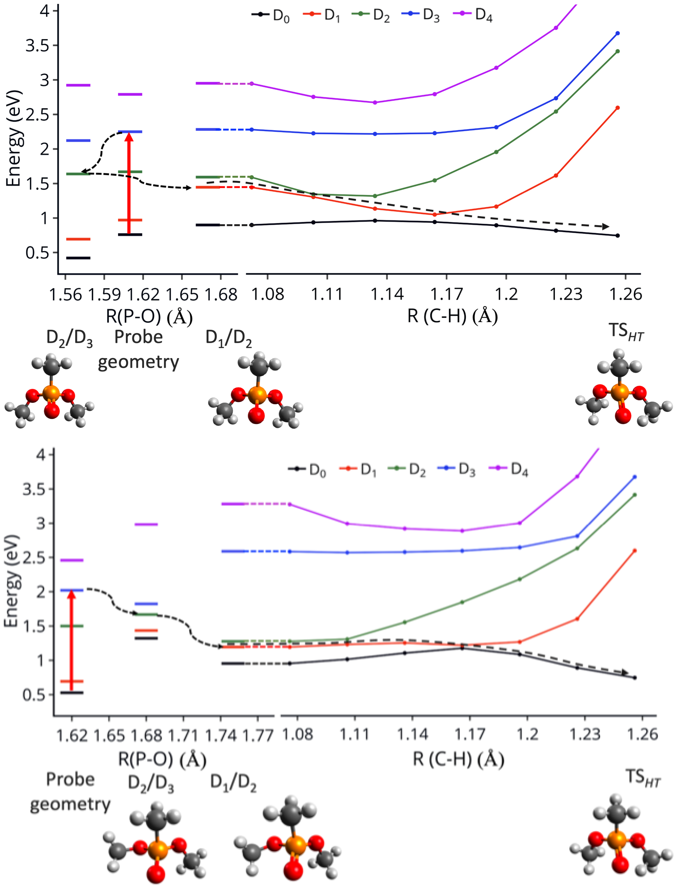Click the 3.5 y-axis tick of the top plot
[x=37, y=46]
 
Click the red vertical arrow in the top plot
[x=129, y=183]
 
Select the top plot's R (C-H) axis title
[x=452, y=316]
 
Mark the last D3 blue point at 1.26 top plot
[x=618, y=33]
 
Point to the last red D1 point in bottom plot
[x=635, y=550]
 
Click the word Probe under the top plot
[x=138, y=337]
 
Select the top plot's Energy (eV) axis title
[x=14, y=139]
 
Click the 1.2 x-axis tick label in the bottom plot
[x=527, y=734]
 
